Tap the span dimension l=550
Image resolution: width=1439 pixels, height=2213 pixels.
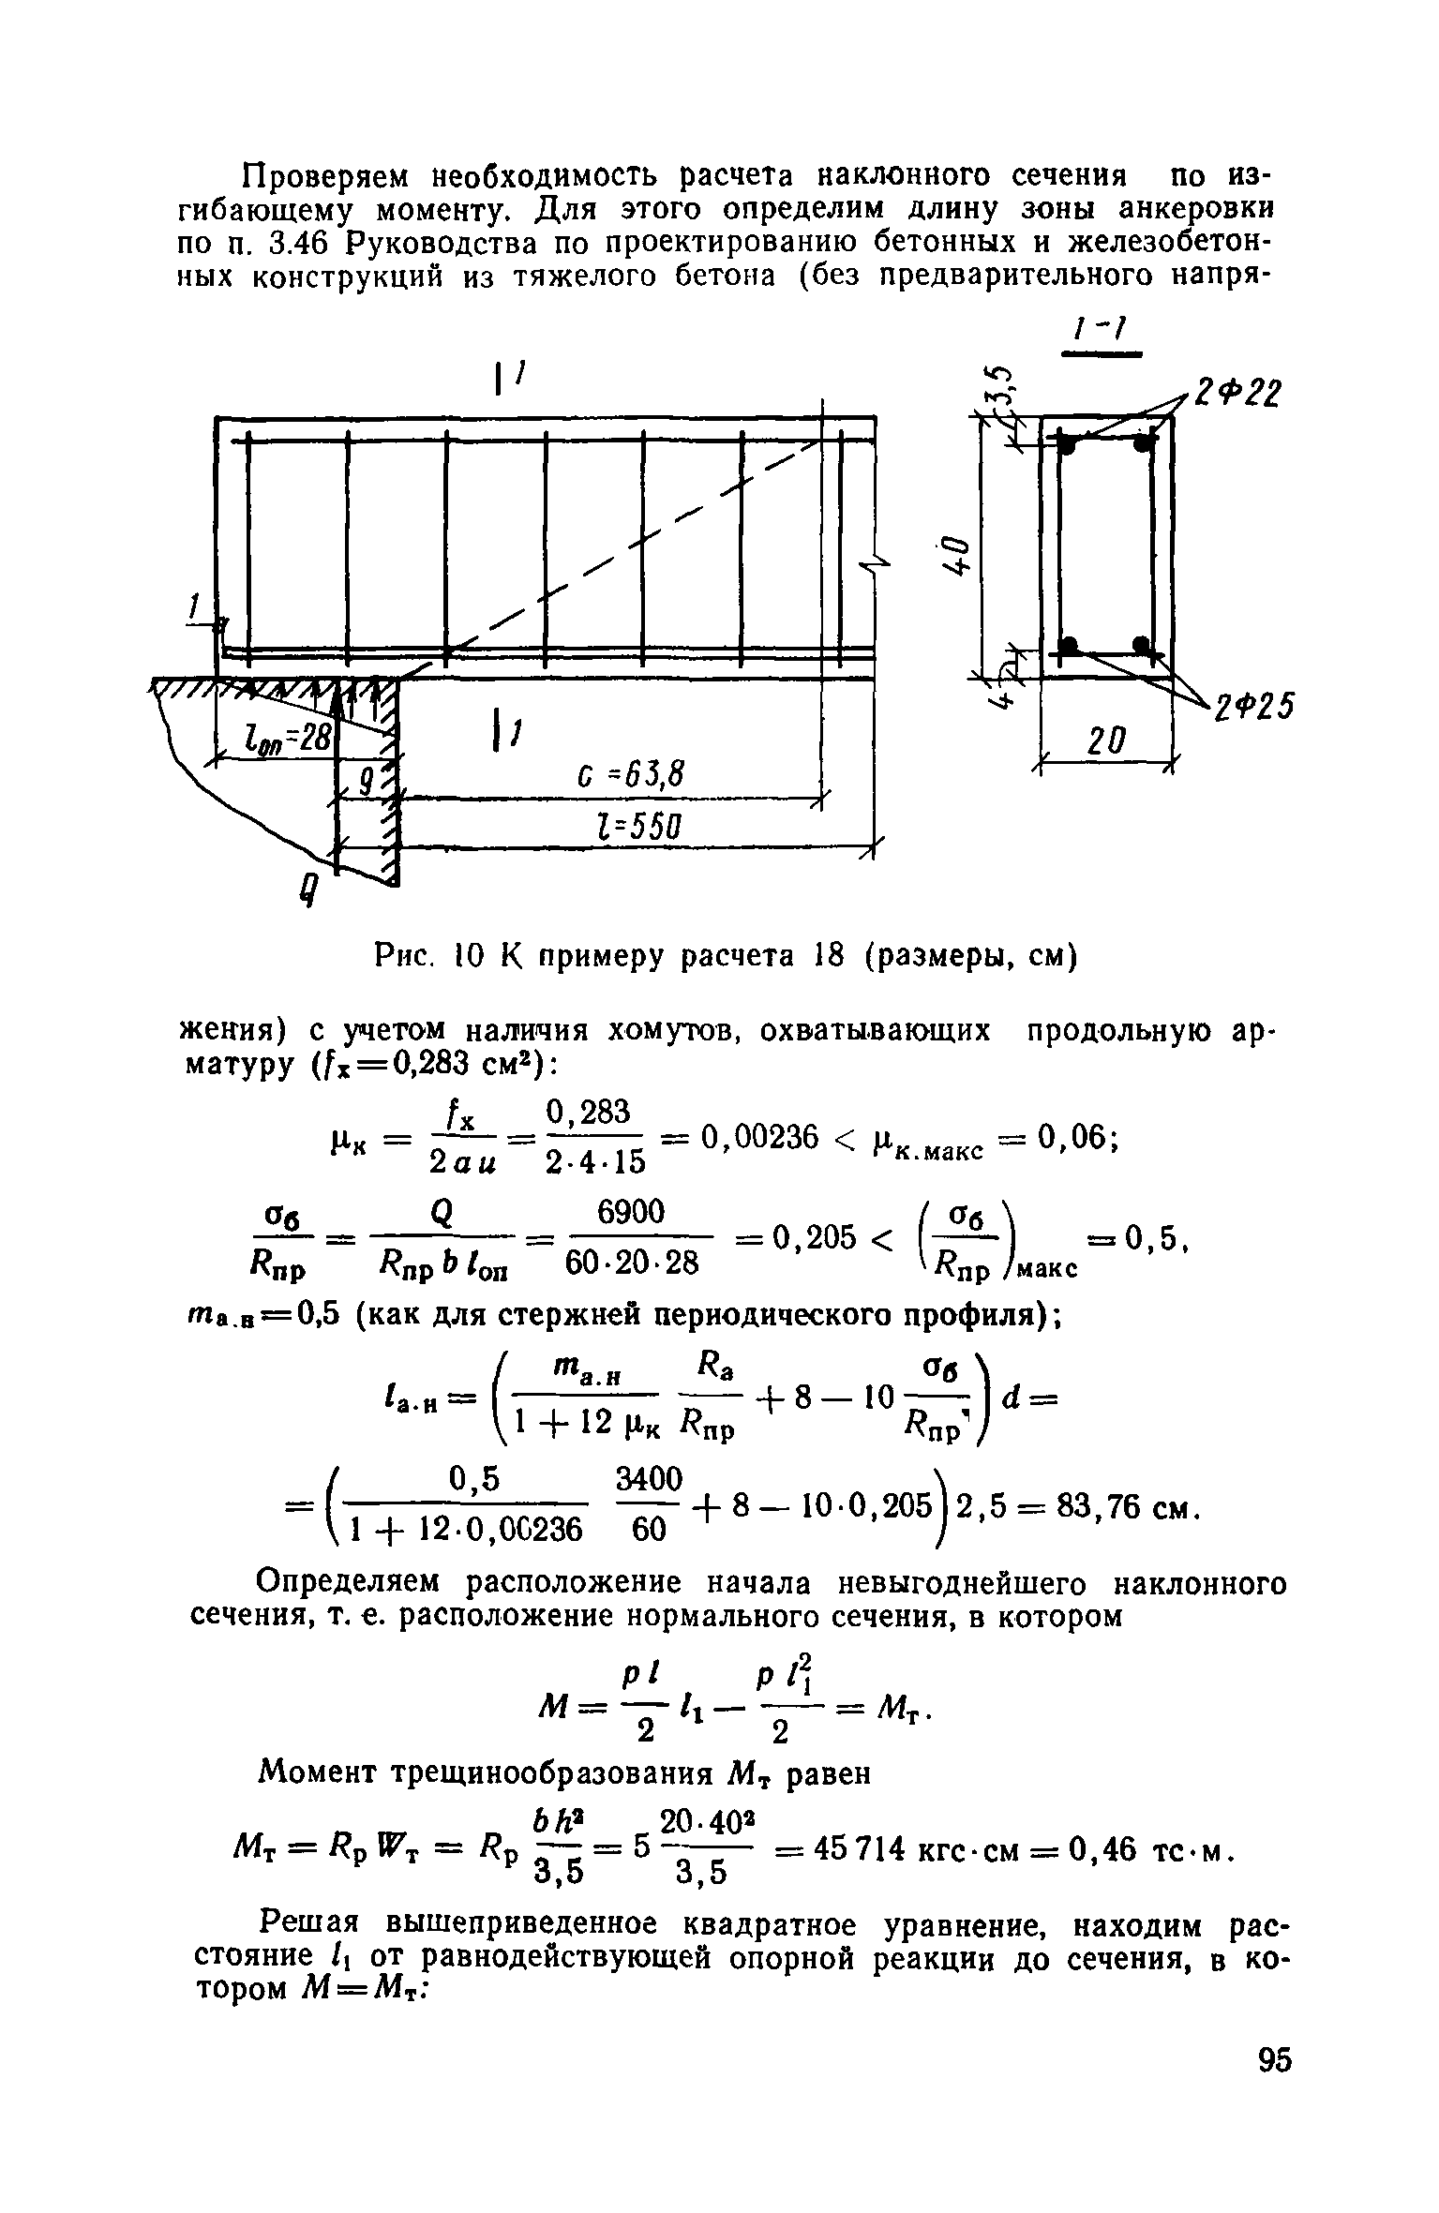(x=633, y=828)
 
